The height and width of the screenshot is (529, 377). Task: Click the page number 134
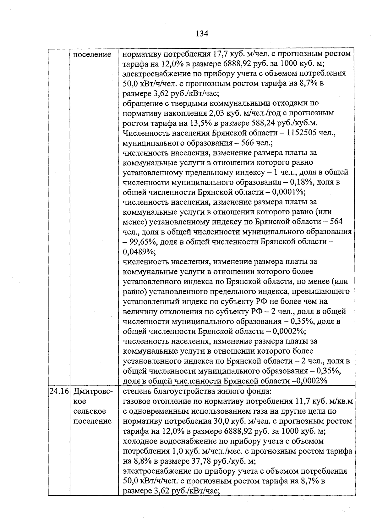tap(202, 33)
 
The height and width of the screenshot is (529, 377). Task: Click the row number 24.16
tap(59, 391)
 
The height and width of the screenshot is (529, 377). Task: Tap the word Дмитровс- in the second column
tap(93, 391)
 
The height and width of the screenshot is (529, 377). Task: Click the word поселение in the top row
tap(92, 54)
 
